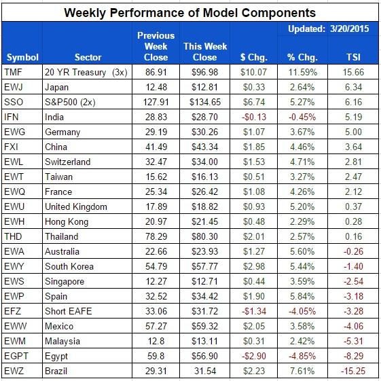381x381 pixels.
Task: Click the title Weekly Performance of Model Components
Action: pyautogui.click(x=190, y=12)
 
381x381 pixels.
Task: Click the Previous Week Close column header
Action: pyautogui.click(x=156, y=46)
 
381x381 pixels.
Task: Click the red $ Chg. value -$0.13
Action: pyautogui.click(x=251, y=117)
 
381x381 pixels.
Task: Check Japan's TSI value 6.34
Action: pyautogui.click(x=352, y=86)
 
